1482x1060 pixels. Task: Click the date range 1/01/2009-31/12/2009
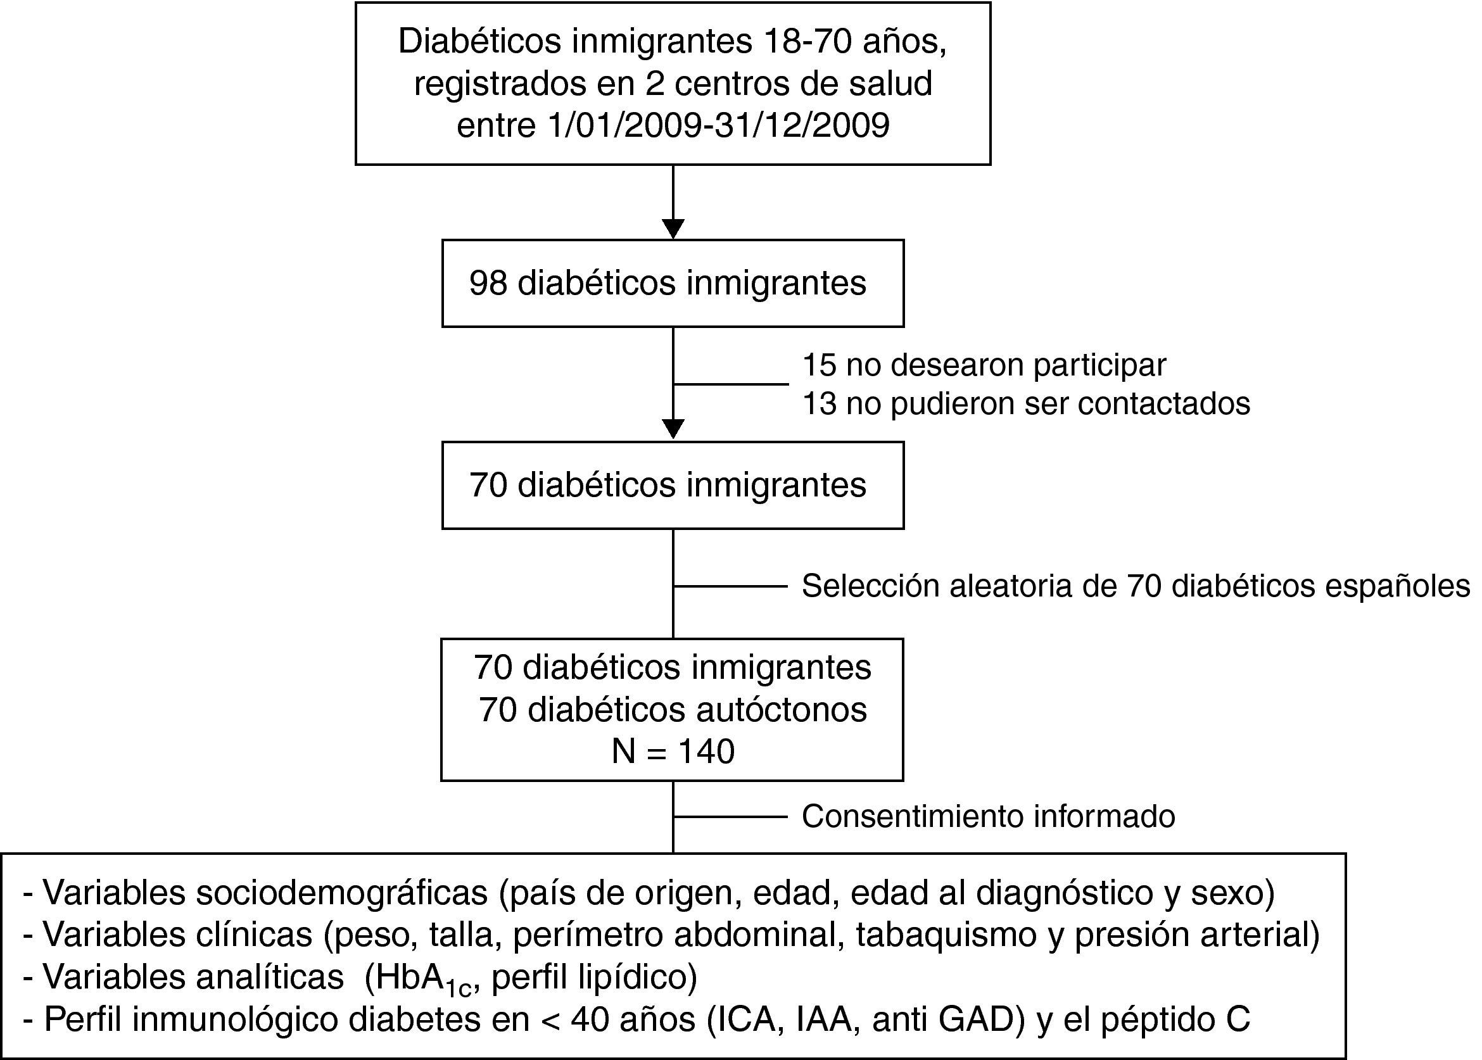[x=718, y=125]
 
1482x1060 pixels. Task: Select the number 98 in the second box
[x=488, y=283]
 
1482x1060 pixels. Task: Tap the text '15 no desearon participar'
[x=983, y=365]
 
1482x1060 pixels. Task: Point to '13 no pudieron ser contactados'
[x=1025, y=403]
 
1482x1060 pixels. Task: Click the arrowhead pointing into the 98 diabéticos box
[x=673, y=229]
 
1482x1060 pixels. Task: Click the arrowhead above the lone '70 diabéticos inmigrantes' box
[x=673, y=429]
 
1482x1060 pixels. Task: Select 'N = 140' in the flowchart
[x=673, y=751]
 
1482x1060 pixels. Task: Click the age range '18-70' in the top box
[x=807, y=42]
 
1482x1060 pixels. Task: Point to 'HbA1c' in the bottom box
[x=418, y=978]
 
